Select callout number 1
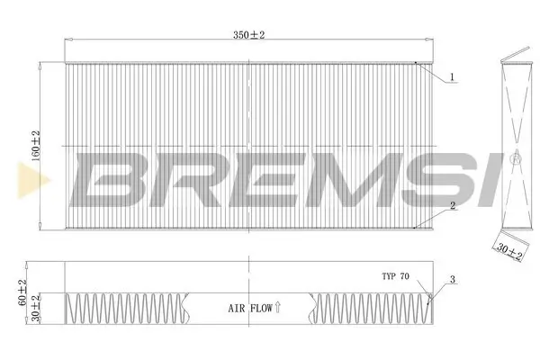point(454,77)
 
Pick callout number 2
point(454,206)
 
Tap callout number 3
point(454,280)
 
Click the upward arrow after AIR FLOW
point(278,307)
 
